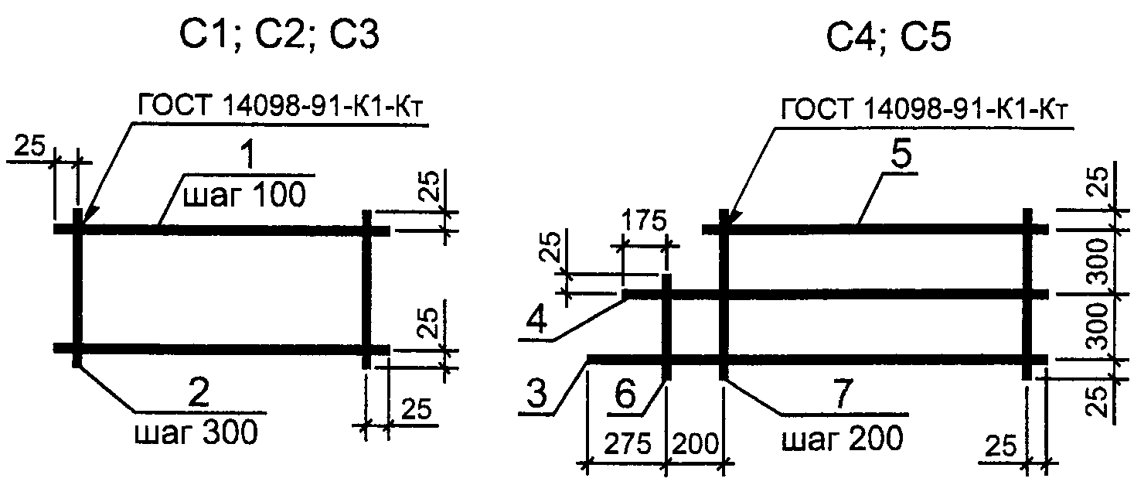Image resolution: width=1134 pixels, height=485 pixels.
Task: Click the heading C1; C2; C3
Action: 280,35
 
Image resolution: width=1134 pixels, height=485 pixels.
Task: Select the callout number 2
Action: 199,393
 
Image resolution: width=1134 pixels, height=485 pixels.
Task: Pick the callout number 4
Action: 536,319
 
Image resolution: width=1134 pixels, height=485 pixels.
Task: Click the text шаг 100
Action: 244,194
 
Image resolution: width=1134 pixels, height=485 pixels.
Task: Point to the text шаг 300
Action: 196,432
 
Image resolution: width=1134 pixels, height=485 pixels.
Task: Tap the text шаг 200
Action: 843,438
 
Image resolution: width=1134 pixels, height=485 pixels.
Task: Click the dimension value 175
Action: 643,221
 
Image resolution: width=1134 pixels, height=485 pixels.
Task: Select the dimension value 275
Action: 627,445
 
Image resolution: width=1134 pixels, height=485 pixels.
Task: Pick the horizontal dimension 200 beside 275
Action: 696,445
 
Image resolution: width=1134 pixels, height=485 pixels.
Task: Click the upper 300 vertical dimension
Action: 1099,261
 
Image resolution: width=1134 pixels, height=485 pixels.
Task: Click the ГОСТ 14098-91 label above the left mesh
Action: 280,107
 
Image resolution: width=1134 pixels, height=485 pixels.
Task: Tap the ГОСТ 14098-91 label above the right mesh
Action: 925,109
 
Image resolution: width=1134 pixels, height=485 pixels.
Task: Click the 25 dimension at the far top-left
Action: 30,146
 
